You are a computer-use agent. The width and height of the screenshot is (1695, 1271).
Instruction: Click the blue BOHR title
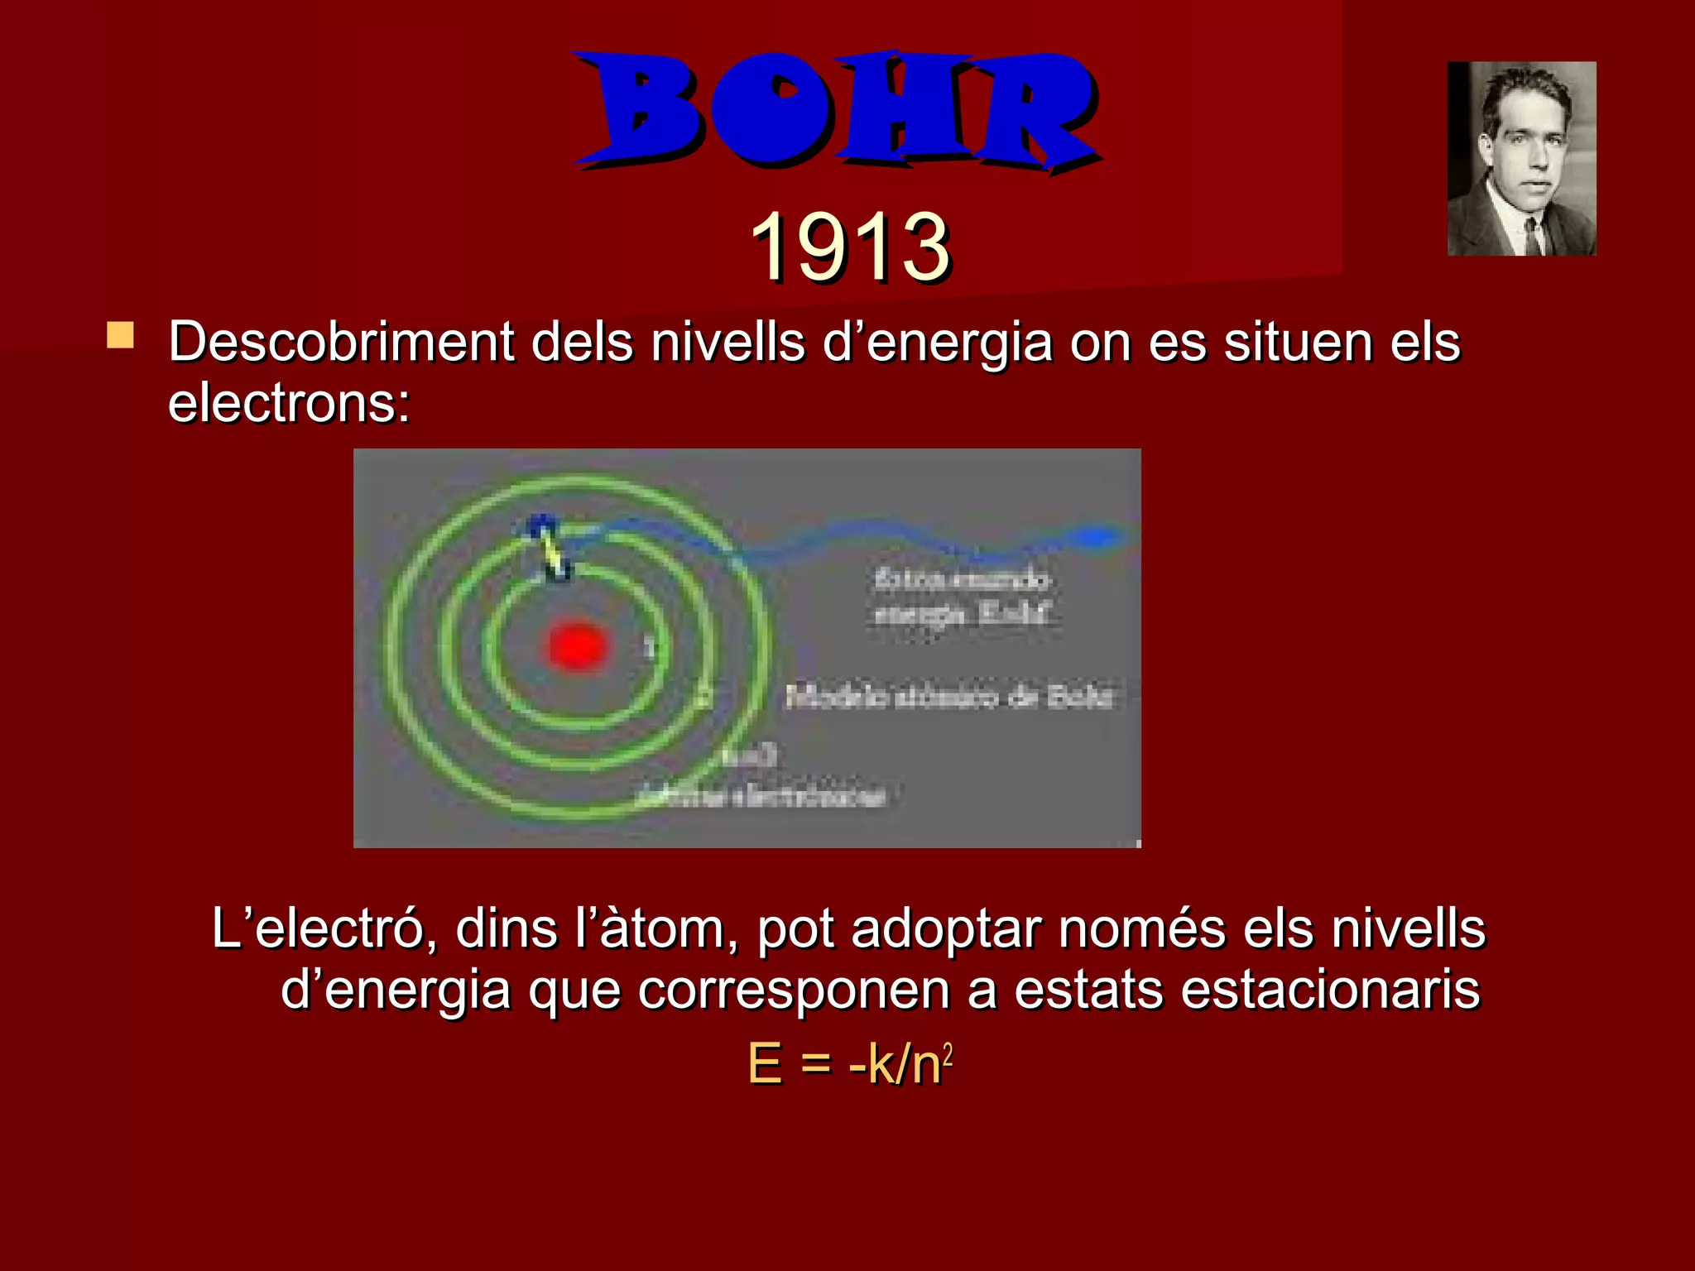[836, 109]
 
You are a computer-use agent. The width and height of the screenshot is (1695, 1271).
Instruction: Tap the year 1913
[851, 247]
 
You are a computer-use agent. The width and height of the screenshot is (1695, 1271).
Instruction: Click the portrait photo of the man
[1521, 158]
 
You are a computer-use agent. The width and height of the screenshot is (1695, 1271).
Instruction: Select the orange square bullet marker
[121, 336]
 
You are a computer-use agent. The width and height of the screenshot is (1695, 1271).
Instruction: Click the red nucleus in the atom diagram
[578, 646]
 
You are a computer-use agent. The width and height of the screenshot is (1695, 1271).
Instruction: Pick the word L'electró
[318, 928]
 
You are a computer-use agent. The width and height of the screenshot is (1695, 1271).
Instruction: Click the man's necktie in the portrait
[1532, 235]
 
